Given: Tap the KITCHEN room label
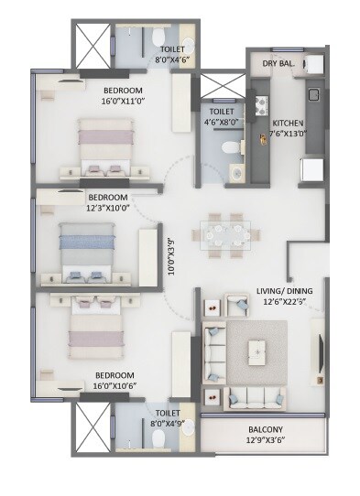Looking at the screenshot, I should click(287, 122).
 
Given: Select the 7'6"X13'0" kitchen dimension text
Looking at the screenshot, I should click(287, 134).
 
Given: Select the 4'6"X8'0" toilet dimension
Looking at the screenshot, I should click(219, 118).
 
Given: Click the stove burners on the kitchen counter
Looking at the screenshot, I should click(260, 104).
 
